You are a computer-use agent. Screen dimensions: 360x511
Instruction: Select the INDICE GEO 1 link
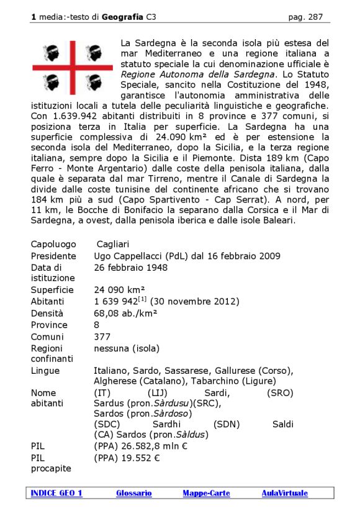coord(56,493)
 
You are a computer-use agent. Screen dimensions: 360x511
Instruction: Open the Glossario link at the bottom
coord(133,493)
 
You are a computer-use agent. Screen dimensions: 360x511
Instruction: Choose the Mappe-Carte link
coord(206,493)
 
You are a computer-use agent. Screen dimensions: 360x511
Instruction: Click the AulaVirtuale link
coord(284,493)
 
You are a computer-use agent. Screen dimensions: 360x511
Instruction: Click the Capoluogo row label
coord(53,244)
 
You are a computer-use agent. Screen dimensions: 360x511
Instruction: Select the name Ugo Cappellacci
coord(134,256)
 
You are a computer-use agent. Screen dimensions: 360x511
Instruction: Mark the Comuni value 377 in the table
coord(102,336)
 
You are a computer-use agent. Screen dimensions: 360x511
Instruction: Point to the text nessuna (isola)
coord(126,348)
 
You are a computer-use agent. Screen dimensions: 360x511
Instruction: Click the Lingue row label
coord(45,371)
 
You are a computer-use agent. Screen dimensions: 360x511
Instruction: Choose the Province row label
coord(49,325)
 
